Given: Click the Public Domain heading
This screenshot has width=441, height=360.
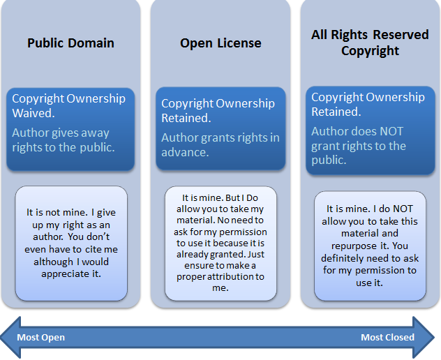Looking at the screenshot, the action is pyautogui.click(x=70, y=43).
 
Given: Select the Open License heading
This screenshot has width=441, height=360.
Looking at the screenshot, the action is pyautogui.click(x=221, y=43).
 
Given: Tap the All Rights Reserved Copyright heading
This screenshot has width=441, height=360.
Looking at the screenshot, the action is pyautogui.click(x=370, y=43).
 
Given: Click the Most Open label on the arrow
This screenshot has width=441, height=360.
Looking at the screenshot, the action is pyautogui.click(x=40, y=337).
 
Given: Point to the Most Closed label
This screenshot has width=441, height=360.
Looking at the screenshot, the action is pyautogui.click(x=387, y=337).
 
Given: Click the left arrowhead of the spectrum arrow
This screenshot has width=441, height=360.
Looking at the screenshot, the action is pyautogui.click(x=10, y=337).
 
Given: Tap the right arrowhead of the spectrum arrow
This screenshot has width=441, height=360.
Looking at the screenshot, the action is pyautogui.click(x=424, y=337).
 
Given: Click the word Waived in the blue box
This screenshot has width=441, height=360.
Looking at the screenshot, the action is pyautogui.click(x=33, y=113).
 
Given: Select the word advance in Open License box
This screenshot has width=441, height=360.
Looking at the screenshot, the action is pyautogui.click(x=185, y=152).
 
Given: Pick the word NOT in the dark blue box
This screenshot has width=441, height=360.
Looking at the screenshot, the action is pyautogui.click(x=391, y=131).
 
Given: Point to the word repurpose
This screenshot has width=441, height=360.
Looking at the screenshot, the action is pyautogui.click(x=354, y=246).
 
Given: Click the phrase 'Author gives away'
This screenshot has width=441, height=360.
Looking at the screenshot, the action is pyautogui.click(x=61, y=133).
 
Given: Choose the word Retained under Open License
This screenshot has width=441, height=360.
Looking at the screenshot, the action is pyautogui.click(x=186, y=118).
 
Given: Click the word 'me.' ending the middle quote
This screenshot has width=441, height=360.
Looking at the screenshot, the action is pyautogui.click(x=221, y=288).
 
